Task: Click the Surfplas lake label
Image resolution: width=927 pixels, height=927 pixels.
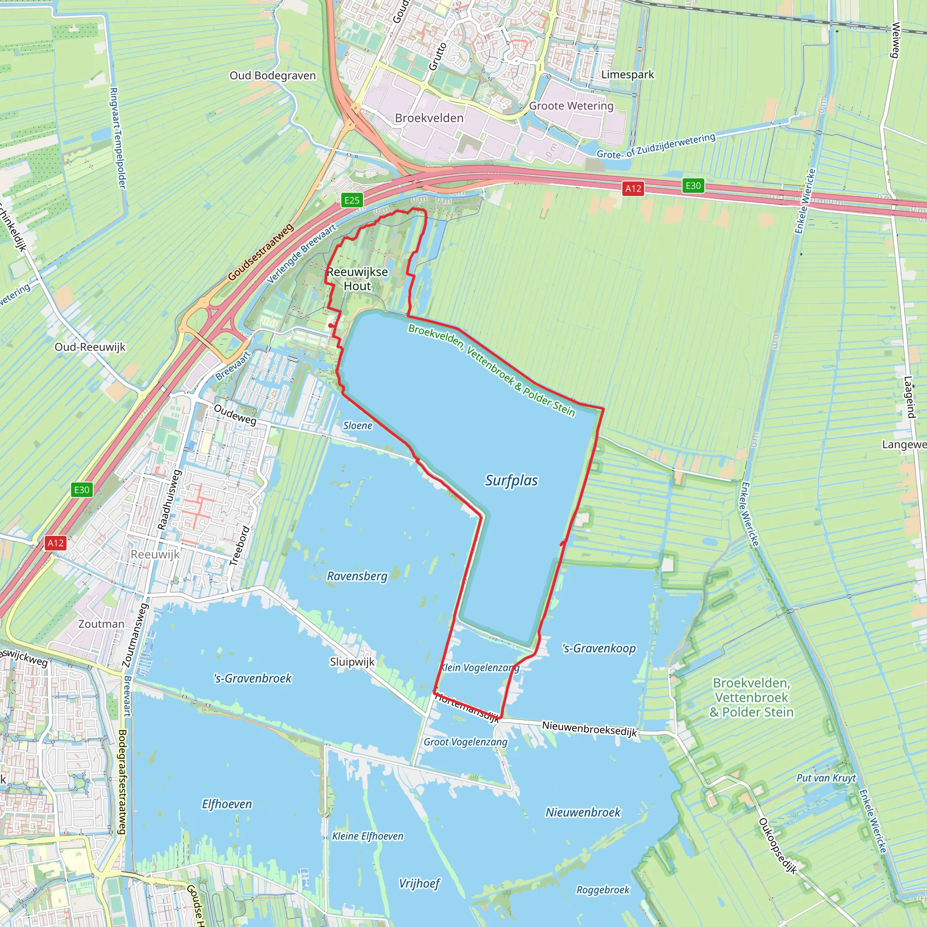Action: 511,480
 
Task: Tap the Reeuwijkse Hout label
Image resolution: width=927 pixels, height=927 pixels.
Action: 358,279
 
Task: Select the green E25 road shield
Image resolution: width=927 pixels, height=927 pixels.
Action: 352,200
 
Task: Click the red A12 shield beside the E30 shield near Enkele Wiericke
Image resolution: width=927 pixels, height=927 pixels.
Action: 633,189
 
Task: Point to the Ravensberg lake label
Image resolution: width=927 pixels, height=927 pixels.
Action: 357,576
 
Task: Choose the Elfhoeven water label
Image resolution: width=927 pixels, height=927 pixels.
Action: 227,804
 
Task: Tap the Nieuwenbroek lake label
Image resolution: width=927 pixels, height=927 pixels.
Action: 583,812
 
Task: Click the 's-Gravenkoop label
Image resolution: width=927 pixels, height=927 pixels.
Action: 599,648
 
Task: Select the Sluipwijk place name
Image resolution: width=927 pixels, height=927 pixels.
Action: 352,662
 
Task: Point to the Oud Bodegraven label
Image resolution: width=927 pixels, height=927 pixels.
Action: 272,76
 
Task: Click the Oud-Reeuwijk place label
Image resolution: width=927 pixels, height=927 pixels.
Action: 90,347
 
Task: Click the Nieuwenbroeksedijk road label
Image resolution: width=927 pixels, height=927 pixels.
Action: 589,728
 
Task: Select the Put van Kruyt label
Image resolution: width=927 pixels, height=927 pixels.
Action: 826,778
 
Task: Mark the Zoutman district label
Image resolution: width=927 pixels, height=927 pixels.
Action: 101,624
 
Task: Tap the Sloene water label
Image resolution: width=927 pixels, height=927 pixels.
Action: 358,425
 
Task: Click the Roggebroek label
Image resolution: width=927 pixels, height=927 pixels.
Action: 602,889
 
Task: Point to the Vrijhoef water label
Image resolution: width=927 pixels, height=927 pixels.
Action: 419,884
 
